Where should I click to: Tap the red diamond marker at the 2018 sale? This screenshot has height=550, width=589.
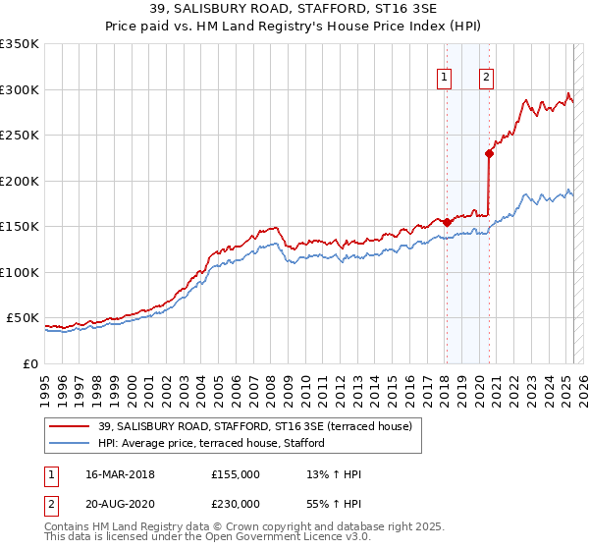[446, 222]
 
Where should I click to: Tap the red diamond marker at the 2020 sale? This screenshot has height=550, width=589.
[489, 153]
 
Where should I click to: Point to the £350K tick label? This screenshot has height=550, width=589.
[20, 44]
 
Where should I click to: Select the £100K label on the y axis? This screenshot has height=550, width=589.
[20, 272]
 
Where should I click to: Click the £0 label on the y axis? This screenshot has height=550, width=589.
[30, 363]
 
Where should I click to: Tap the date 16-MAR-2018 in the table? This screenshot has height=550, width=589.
[121, 474]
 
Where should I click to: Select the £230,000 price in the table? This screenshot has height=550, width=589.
[236, 503]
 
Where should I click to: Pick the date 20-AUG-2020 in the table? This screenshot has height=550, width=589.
[121, 503]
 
